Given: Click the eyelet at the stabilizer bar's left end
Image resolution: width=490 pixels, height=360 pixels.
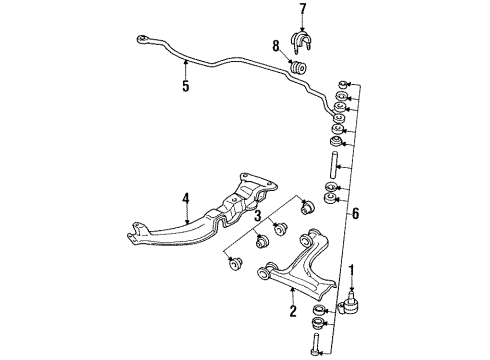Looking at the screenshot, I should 145,40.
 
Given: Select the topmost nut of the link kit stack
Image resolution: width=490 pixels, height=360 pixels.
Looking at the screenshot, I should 345,81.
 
